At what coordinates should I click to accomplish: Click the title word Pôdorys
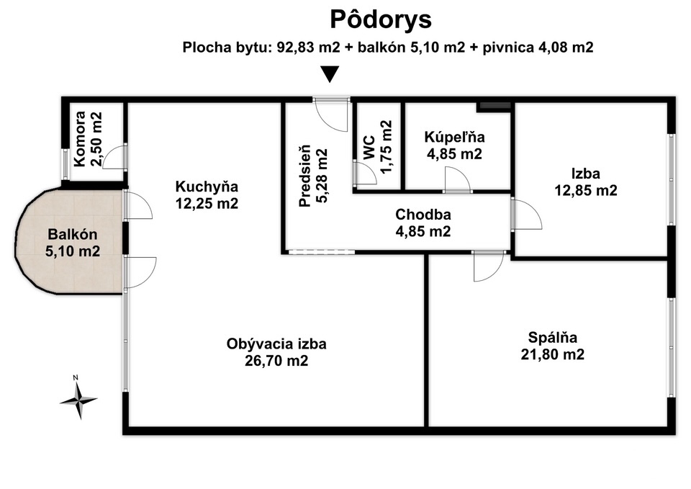point(381,20)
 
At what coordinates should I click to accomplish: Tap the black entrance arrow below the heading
point(330,74)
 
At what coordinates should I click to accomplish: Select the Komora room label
point(88,139)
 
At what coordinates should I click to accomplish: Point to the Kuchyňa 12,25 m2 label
point(207,195)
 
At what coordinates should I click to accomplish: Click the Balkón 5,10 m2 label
point(73,243)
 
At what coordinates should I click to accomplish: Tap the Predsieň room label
point(313,176)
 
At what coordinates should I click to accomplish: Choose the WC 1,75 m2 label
point(377,147)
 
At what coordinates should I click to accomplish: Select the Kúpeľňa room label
point(454,145)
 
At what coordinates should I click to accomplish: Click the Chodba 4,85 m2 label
point(423,223)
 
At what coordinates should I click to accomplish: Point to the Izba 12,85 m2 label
point(586,181)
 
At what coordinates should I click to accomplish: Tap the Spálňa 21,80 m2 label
point(553,346)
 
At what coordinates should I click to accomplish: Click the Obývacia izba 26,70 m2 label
point(276,352)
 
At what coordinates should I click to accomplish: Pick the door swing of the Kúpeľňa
point(459,179)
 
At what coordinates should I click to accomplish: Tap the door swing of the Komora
point(113,156)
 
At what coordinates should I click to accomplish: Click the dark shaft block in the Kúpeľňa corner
point(495,106)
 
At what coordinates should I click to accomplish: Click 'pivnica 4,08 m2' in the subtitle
point(538,48)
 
